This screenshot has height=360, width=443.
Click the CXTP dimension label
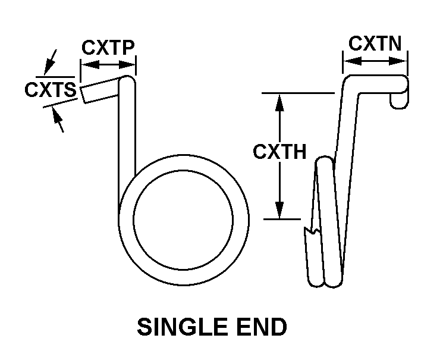pos(108,47)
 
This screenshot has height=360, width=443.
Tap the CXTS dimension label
pos(50,90)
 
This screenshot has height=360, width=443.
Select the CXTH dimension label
pos(279,152)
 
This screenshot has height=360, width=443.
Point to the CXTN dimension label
pos(375,43)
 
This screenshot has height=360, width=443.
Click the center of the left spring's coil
pos(183,218)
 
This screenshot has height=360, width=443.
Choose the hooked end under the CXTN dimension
pos(400,96)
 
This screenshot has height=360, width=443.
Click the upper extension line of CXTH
pos(297,93)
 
